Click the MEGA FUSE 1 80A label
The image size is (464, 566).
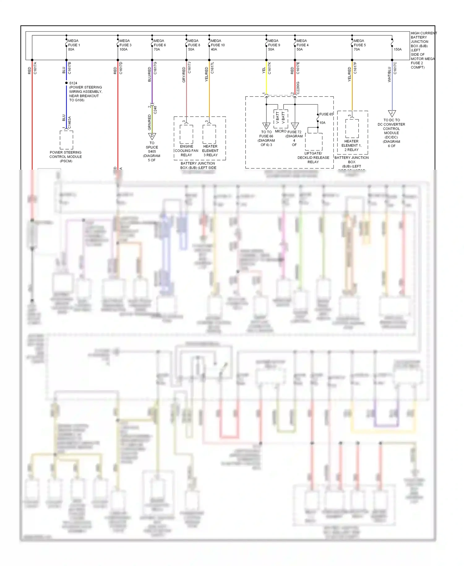74,45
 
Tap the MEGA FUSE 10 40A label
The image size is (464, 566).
217,45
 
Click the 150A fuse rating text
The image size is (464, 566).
397,50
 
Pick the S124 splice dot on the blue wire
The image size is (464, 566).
67,83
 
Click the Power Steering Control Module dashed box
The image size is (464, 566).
66,140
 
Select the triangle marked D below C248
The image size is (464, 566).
152,136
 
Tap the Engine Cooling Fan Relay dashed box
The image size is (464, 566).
186,134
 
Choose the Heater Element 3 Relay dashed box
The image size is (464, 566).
209,134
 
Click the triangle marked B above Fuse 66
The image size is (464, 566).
266,126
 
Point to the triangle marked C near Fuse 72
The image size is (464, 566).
295,126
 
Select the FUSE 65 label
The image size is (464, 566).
326,114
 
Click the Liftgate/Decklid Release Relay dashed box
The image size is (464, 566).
314,142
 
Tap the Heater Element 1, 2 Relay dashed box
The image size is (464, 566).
352,128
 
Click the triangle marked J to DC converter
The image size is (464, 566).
392,113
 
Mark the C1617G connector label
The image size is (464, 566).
155,68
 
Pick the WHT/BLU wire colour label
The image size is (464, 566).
389,74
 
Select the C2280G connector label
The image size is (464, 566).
298,88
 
